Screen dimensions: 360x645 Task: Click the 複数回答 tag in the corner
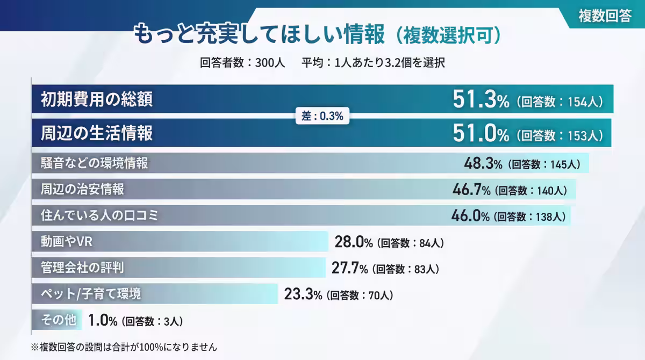click(605, 16)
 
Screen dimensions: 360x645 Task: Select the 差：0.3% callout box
click(322, 116)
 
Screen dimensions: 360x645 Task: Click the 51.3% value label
click(481, 100)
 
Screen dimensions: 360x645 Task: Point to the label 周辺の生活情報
click(97, 133)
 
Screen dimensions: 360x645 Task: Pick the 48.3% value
click(483, 163)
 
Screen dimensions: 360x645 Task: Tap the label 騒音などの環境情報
click(95, 163)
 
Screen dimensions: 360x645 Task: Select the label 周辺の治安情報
click(82, 190)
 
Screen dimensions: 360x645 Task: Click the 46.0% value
click(470, 216)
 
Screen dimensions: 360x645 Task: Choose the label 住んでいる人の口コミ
click(101, 216)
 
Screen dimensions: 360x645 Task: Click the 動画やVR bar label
click(67, 242)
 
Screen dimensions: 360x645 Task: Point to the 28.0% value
click(354, 242)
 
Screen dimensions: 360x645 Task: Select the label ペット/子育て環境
click(91, 294)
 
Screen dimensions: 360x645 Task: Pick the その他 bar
click(57, 320)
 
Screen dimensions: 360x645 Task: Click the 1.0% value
click(103, 321)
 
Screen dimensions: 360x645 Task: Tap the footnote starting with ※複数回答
click(124, 347)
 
